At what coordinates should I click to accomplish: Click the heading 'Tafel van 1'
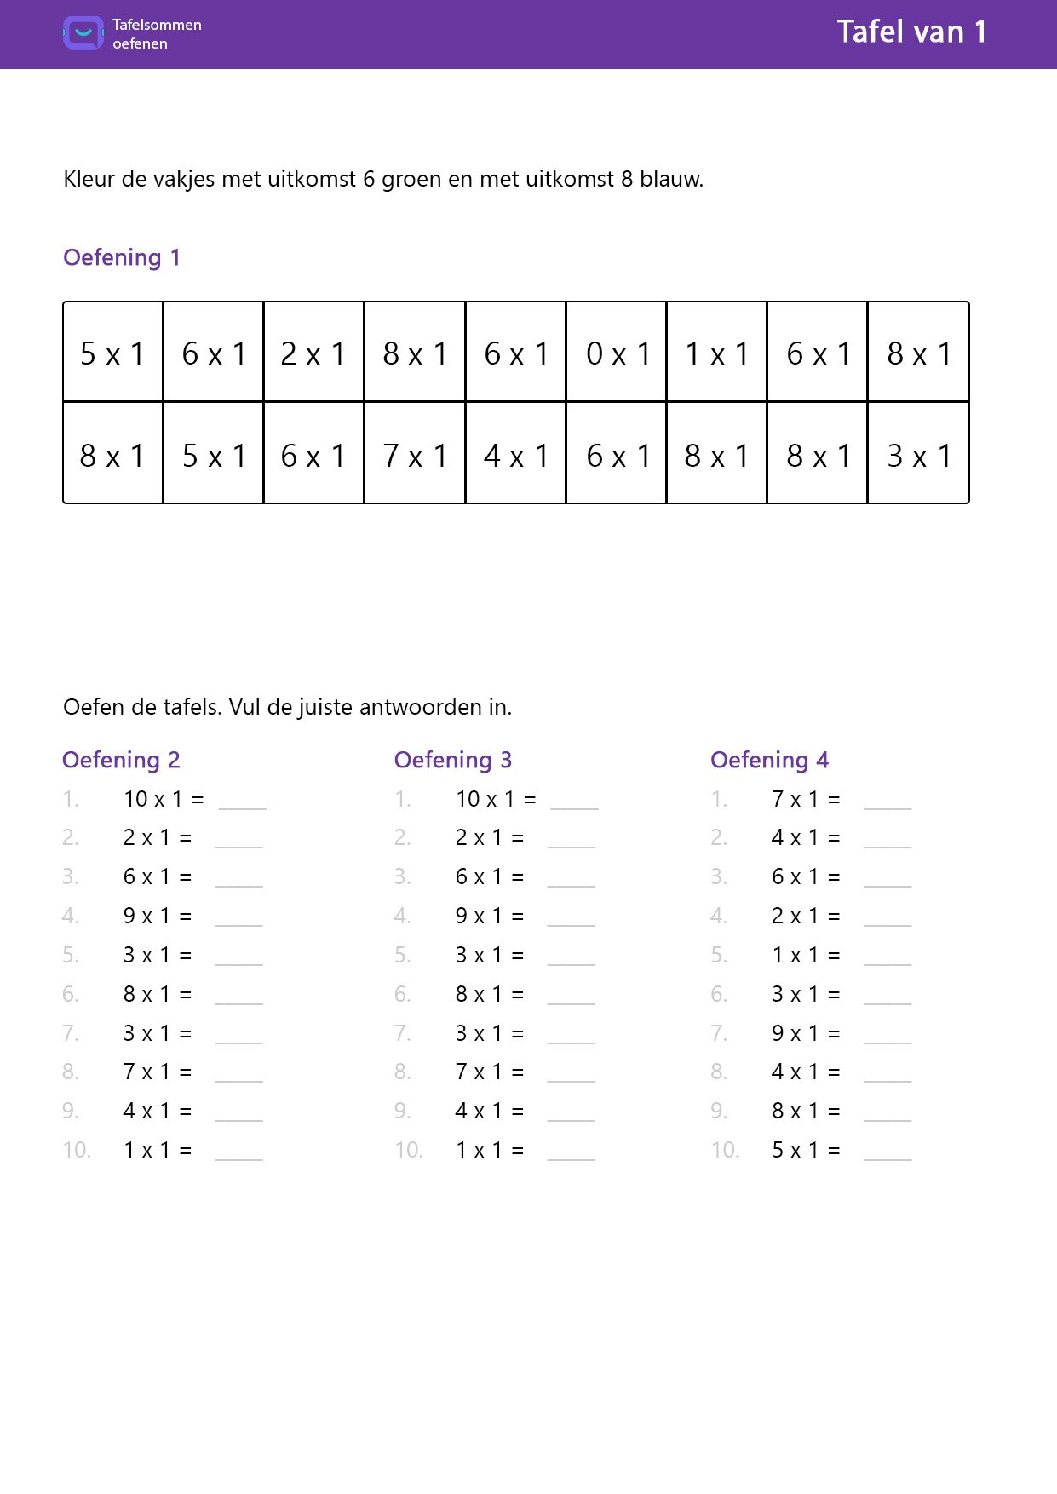(911, 32)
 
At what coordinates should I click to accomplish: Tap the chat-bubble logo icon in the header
(83, 33)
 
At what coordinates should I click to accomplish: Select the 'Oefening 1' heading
(122, 257)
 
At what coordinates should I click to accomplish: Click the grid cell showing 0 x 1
(617, 353)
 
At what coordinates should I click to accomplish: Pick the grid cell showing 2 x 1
(313, 353)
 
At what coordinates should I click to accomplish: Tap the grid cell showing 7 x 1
(415, 455)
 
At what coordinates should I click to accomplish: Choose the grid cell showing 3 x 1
(918, 455)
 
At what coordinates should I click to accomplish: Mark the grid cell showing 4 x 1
(515, 455)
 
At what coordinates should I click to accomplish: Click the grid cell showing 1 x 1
(717, 353)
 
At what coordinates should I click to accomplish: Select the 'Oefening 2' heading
(121, 760)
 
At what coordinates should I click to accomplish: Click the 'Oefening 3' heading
(453, 760)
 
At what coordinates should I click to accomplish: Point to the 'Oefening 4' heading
(769, 760)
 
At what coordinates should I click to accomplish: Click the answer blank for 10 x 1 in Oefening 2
(243, 801)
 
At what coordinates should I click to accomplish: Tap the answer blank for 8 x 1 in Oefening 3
(571, 996)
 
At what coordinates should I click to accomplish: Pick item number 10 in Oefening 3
(409, 1150)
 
